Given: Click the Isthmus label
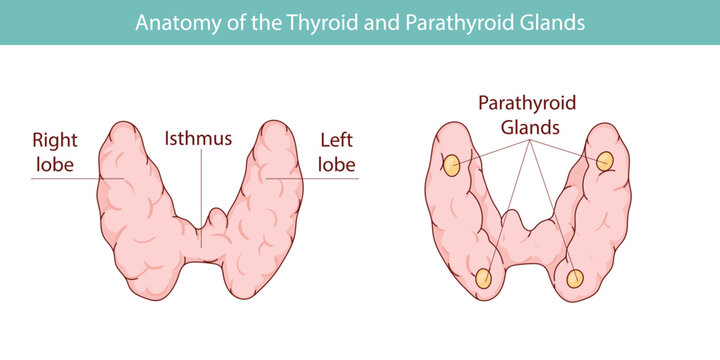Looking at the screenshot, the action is tap(199, 137).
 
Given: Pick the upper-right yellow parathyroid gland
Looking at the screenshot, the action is tap(605, 161).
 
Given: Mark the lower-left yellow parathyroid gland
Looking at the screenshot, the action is tap(484, 279).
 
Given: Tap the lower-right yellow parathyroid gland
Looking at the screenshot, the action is tap(575, 279).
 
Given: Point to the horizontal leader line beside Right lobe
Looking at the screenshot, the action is tap(65, 178).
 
